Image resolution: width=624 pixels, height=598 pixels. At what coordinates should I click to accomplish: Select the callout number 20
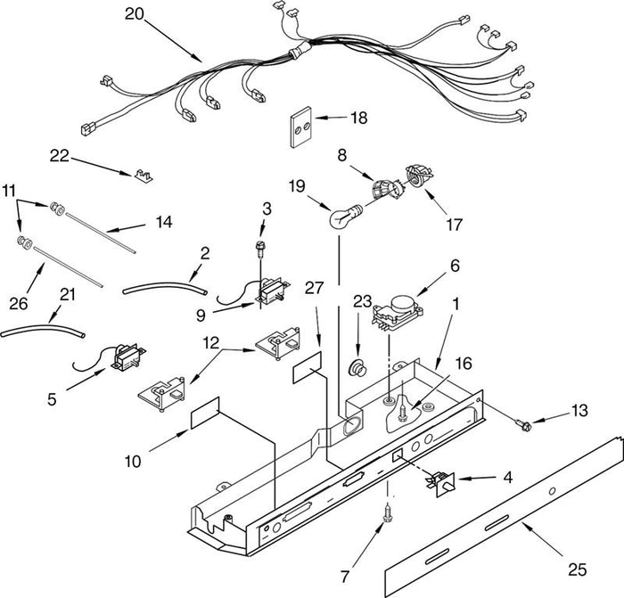[134, 14]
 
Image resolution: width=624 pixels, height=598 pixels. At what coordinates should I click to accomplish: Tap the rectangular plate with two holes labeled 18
[300, 127]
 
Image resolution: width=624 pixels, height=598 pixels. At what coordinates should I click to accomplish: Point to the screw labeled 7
[386, 513]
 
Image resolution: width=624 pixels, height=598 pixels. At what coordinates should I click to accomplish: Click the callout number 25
[577, 569]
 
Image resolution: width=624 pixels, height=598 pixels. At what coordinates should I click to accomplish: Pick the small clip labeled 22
[144, 176]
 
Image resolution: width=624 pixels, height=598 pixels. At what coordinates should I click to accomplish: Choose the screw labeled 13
[523, 425]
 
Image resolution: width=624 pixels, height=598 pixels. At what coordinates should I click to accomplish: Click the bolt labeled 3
[260, 249]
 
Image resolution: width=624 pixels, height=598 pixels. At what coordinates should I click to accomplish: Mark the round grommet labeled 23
[357, 368]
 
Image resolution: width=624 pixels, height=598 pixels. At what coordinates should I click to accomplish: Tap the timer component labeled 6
[397, 314]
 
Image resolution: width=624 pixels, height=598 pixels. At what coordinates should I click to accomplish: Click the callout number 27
[315, 288]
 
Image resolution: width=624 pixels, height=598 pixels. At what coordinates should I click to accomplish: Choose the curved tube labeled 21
[43, 331]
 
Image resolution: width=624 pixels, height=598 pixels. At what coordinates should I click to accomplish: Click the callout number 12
[211, 342]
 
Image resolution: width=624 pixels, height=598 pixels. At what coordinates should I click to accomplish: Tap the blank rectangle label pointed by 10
[205, 413]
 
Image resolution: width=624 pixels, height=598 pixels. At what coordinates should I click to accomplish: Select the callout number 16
[464, 364]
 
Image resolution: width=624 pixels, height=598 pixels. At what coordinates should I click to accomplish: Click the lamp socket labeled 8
[386, 190]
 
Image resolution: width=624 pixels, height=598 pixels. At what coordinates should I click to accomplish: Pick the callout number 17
[454, 225]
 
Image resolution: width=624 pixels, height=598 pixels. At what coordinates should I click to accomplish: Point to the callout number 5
[52, 399]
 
